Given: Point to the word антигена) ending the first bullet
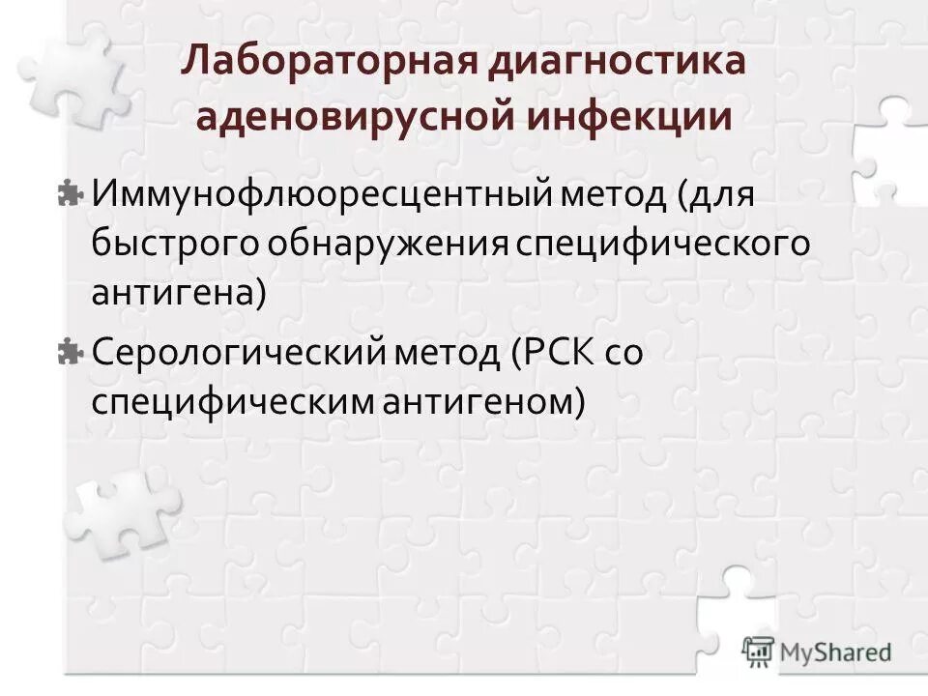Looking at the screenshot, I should [x=178, y=292].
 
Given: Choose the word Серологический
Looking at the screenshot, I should [x=240, y=353].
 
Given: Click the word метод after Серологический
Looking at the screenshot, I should [x=443, y=353].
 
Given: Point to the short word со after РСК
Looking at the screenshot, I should [x=623, y=353].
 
